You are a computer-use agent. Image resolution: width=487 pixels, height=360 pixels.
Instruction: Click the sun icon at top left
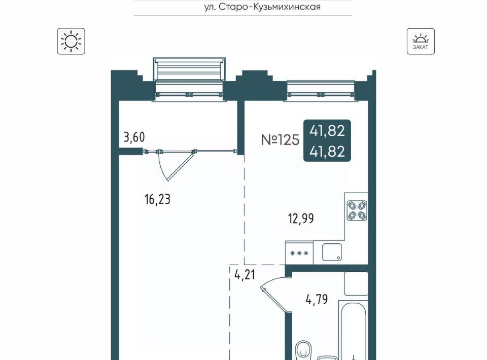pos(71,41)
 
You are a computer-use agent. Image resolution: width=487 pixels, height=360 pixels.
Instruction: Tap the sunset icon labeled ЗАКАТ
pos(421,41)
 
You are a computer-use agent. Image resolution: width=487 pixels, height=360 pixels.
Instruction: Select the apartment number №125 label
pos(280,139)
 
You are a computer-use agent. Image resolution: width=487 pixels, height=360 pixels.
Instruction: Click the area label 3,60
pos(134,137)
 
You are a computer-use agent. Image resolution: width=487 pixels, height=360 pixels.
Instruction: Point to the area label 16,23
pos(157,199)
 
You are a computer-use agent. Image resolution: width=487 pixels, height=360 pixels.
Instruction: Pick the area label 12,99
pos(301,219)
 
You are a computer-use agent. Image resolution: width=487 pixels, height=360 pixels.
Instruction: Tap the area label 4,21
pos(245,275)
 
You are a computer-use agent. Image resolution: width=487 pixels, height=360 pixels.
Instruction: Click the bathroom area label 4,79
pos(317,300)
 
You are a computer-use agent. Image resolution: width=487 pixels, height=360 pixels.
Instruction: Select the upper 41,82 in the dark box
pos(327,131)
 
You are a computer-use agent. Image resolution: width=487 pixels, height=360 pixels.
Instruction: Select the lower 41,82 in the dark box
pos(327,152)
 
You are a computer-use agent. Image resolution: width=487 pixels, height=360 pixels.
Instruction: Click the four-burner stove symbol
pos(357,210)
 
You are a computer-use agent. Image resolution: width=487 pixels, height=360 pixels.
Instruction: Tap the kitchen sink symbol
pos(332,251)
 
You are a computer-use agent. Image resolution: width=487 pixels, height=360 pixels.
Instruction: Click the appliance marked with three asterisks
pos(299,253)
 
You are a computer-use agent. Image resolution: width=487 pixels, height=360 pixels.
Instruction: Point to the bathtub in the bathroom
pos(353,330)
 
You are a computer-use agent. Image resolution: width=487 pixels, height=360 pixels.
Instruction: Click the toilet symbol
pos(303,351)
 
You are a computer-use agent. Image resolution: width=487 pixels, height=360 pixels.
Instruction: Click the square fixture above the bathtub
pos(356,283)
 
